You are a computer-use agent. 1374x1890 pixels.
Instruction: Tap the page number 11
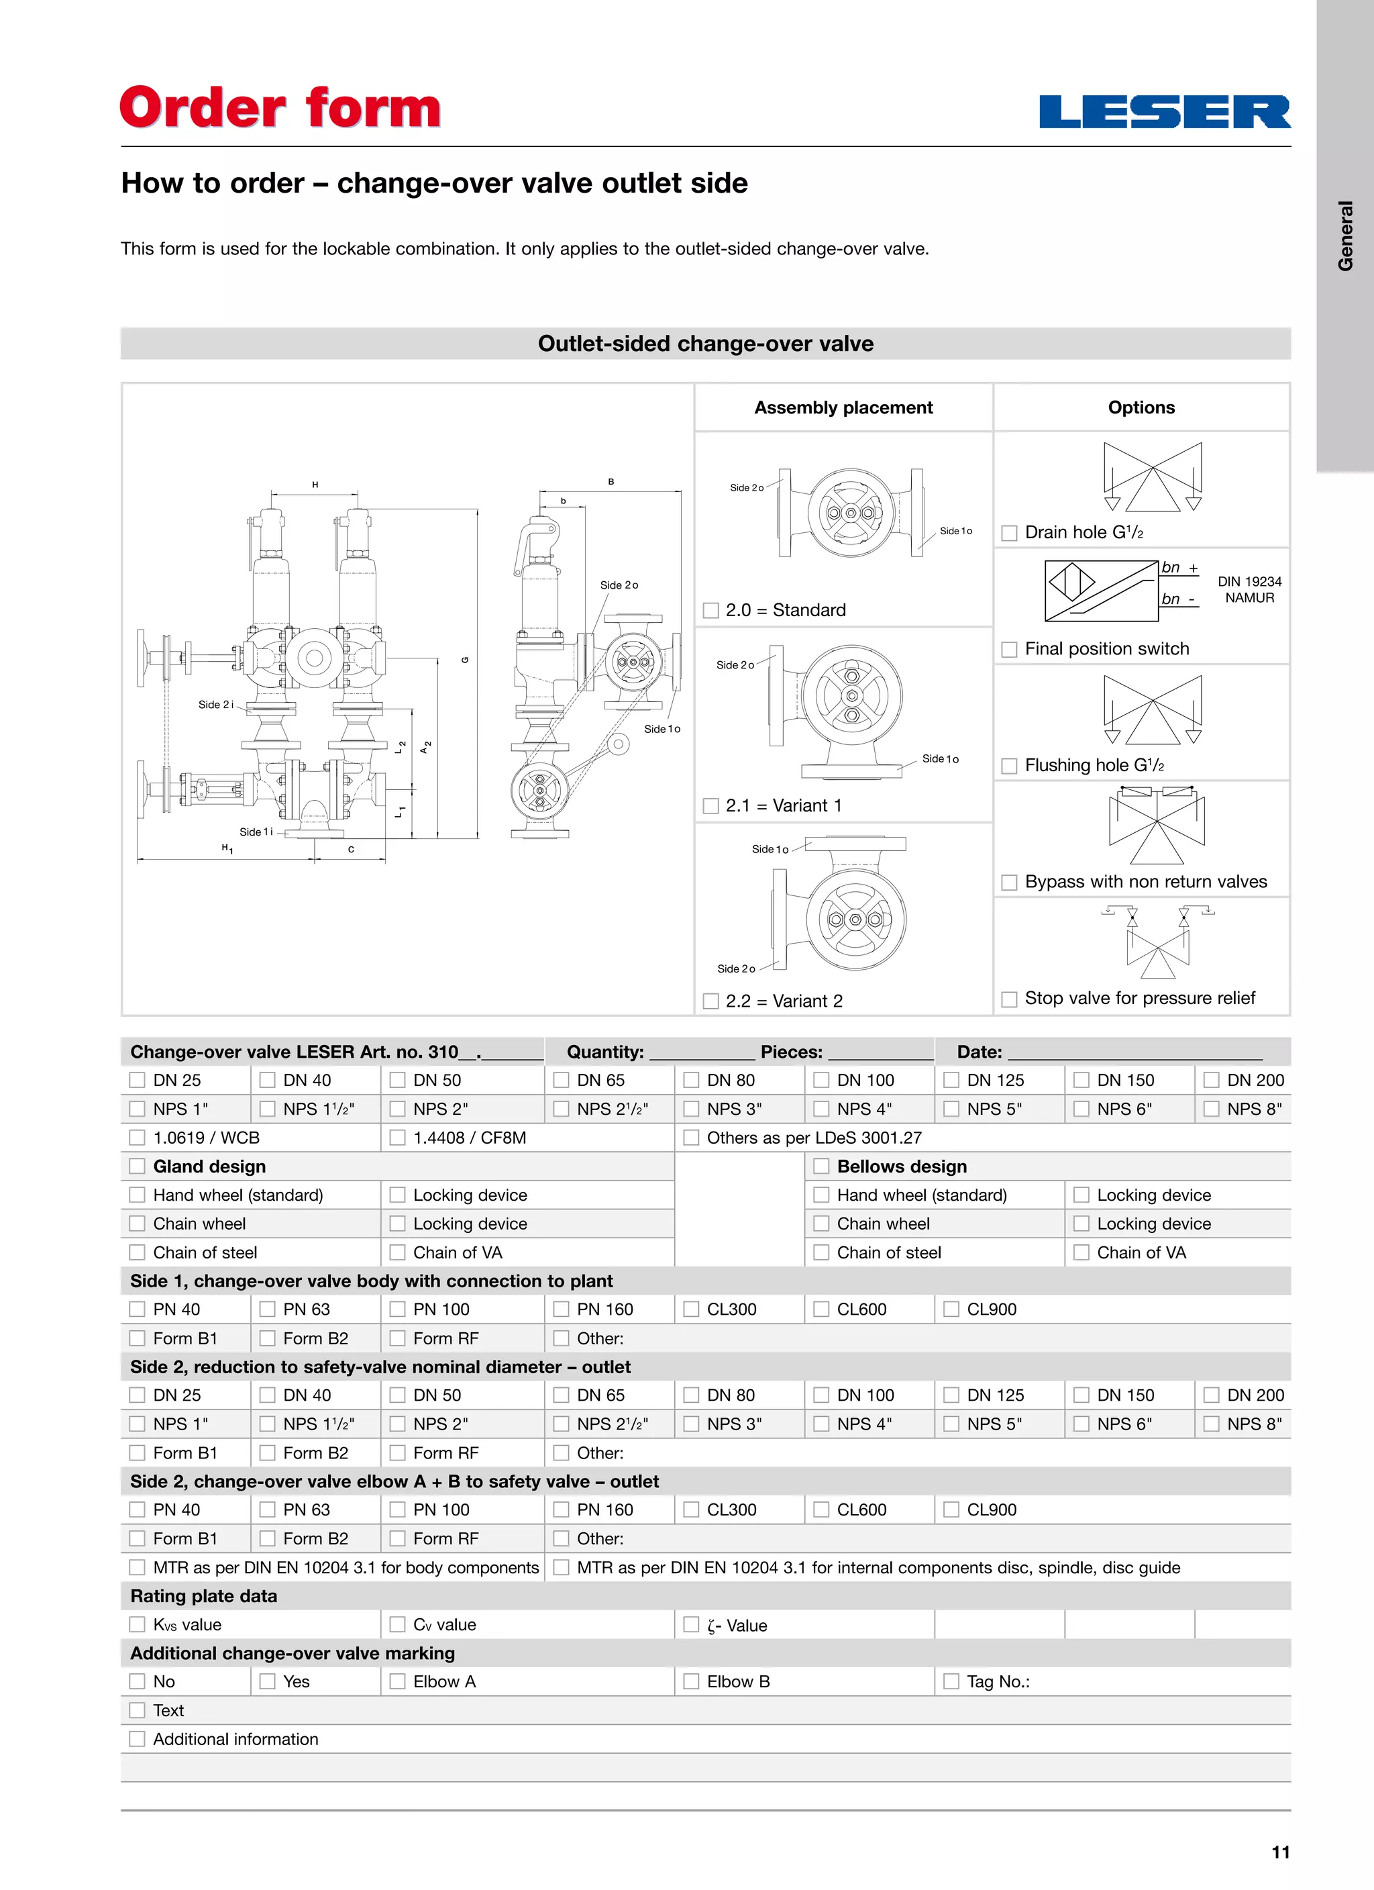point(1281,1852)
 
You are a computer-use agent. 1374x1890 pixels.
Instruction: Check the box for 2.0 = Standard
point(710,611)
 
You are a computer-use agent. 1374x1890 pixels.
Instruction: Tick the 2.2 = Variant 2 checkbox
point(710,1001)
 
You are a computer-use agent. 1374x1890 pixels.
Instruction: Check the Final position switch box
point(1009,649)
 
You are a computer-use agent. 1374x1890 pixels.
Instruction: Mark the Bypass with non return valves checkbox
point(1009,883)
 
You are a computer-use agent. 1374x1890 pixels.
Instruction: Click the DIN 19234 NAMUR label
point(1249,590)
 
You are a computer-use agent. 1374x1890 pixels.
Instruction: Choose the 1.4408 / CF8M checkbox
point(397,1138)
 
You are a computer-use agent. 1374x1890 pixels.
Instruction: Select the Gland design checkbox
point(138,1166)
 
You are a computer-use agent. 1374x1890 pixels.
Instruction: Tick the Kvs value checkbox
point(138,1624)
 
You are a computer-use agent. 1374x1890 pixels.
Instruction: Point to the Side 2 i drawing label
point(216,705)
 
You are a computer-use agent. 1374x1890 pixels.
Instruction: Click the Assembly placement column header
point(843,407)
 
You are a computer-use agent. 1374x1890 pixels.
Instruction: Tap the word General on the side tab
point(1345,236)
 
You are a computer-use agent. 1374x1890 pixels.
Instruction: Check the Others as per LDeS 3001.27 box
point(691,1138)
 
